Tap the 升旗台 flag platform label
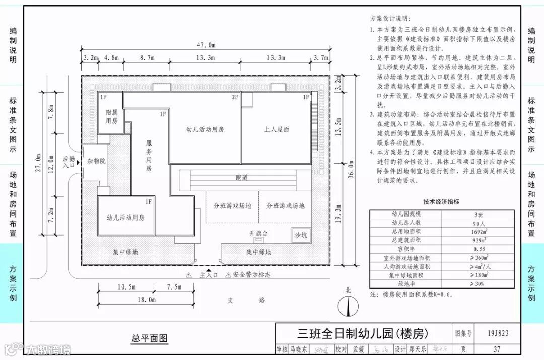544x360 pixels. (x=258, y=234)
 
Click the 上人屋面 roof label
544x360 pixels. (x=277, y=129)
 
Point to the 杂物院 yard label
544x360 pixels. (x=95, y=161)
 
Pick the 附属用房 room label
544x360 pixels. (x=111, y=117)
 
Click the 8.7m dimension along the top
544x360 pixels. (x=147, y=58)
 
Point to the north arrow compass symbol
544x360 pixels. (x=348, y=305)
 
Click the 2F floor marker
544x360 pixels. (x=235, y=97)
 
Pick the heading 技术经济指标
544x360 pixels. (x=441, y=202)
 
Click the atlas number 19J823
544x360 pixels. (x=498, y=333)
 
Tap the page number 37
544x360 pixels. (x=497, y=349)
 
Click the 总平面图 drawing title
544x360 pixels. (x=150, y=338)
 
